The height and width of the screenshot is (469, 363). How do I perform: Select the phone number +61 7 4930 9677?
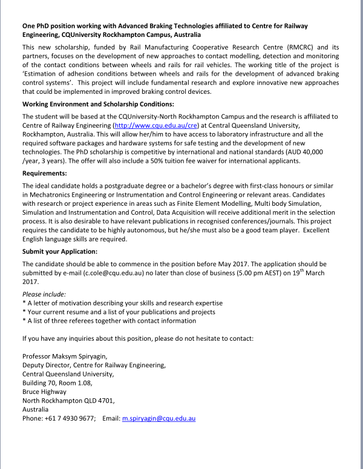[x=71, y=418]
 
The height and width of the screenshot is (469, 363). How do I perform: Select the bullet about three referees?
[x=110, y=321]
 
